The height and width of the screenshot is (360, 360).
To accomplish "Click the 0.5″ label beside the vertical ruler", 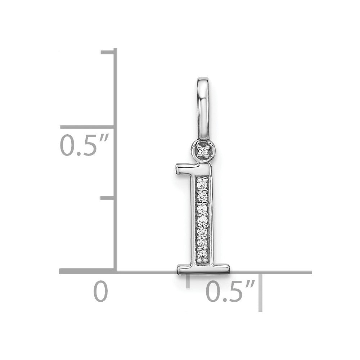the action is coord(84,145).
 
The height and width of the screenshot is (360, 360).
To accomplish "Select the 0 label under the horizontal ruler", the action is coord(100,291).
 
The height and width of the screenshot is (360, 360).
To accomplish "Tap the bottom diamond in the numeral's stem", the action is coord(202,254).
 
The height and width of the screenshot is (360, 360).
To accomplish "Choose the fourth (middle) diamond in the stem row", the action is coord(202,220).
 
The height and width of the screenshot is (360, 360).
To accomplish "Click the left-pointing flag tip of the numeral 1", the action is coord(177,169).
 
